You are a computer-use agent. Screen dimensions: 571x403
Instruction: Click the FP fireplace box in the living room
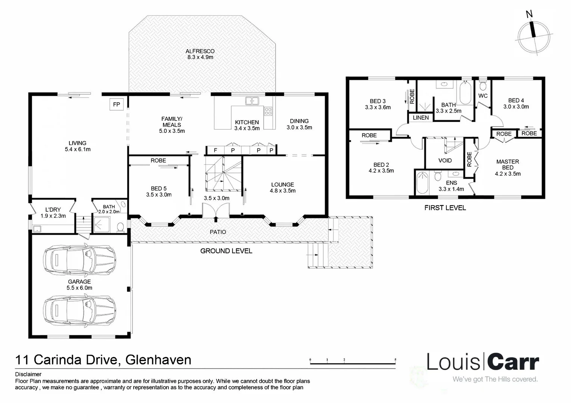pyautogui.click(x=117, y=104)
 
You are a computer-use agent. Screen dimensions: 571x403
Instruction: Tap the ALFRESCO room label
pyautogui.click(x=200, y=51)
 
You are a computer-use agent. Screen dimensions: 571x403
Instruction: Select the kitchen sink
pyautogui.click(x=252, y=101)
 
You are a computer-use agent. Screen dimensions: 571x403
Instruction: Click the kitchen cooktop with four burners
pyautogui.click(x=268, y=111)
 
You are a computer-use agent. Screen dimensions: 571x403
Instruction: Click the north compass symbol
pyautogui.click(x=534, y=37)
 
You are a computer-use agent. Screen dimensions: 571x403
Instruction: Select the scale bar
pyautogui.click(x=353, y=362)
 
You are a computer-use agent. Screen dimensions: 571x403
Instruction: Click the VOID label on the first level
pyautogui.click(x=445, y=160)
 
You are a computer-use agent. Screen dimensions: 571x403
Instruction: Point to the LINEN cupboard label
pyautogui.click(x=421, y=118)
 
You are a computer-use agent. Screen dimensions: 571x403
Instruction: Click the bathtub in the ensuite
pyautogui.click(x=422, y=182)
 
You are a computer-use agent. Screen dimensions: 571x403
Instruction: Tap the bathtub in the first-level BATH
pyautogui.click(x=465, y=93)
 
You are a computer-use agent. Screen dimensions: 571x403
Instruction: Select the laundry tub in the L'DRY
pyautogui.click(x=37, y=229)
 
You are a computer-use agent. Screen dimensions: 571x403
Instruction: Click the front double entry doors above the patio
pyautogui.click(x=216, y=210)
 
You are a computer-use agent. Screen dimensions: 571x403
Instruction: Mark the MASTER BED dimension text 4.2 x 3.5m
pyautogui.click(x=508, y=174)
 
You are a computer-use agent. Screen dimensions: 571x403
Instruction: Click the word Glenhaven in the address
pyautogui.click(x=158, y=360)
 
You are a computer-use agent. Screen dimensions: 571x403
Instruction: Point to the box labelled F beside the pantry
pyautogui.click(x=215, y=150)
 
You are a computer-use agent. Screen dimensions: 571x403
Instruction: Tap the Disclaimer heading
pyautogui.click(x=28, y=374)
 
